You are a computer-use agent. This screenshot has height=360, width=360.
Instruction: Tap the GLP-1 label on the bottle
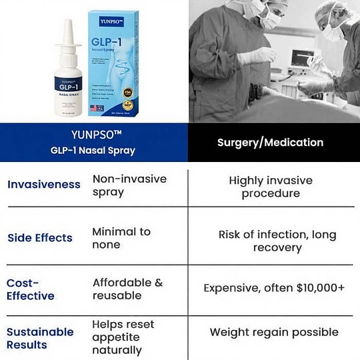point(66,87)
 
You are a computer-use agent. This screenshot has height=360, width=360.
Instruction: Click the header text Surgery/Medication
point(270,142)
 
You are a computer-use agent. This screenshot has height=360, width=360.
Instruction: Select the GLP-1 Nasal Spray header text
point(93,151)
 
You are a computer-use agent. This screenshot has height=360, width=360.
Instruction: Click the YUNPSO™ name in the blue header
point(93,134)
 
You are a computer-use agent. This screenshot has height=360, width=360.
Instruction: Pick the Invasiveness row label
point(44,185)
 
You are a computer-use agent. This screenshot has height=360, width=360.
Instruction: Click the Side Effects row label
point(40,238)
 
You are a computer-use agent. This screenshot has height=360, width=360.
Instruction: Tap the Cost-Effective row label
point(31,289)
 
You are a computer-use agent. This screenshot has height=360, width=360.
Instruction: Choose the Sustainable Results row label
point(40,338)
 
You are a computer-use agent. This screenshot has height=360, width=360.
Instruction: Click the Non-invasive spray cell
point(129,185)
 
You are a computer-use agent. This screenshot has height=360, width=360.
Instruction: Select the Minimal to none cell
point(121,238)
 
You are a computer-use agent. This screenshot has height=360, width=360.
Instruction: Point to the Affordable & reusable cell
point(127,289)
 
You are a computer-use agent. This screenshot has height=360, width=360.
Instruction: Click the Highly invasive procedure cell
point(270,187)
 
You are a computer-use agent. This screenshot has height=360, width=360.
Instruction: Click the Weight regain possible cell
point(274,332)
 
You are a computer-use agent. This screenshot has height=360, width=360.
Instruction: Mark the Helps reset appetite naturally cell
point(123,337)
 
